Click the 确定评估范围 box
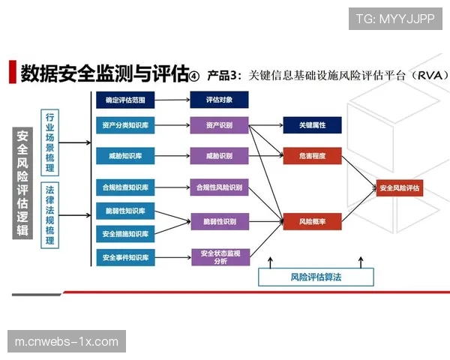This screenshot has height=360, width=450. point(125,99)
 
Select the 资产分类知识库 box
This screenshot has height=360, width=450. point(125,124)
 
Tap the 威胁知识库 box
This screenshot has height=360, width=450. point(125,156)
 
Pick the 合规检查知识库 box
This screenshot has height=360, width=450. point(125,187)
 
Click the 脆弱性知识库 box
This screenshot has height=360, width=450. point(125,210)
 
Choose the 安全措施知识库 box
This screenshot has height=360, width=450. point(125,234)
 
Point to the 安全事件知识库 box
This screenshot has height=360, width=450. point(125,258)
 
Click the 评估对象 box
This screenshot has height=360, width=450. point(220,99)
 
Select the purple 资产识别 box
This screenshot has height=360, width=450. point(220,124)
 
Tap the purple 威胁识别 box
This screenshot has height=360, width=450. point(220,156)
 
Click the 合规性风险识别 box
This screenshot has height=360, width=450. point(220,187)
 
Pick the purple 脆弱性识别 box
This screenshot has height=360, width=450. point(220,221)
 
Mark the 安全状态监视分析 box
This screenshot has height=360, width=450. point(220,257)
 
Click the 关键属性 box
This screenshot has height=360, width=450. point(313,124)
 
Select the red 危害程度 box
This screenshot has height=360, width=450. point(313,156)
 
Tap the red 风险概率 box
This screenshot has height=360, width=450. point(313,221)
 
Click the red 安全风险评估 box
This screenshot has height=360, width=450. point(400,187)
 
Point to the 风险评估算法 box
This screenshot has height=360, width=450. point(316,277)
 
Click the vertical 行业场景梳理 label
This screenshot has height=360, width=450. point(51,142)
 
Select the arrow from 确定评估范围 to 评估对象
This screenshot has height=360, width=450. point(172,99)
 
